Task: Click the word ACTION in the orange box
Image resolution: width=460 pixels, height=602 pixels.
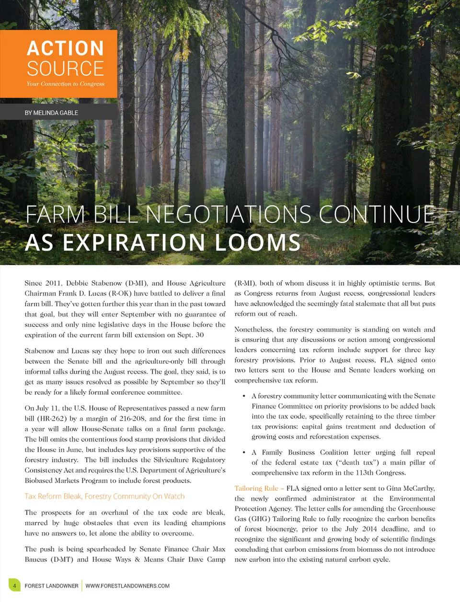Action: point(65,48)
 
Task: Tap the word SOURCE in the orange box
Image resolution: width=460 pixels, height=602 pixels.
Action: point(65,69)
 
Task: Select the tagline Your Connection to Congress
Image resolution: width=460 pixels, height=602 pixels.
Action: point(65,84)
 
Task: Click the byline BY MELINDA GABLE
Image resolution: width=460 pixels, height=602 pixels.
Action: point(51,113)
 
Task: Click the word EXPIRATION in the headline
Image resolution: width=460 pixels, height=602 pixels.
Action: point(136,243)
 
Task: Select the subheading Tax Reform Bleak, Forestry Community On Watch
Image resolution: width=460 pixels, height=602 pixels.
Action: point(104,497)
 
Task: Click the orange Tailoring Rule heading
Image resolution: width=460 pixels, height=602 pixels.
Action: point(256,488)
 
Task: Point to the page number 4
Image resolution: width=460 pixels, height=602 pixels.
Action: point(15,586)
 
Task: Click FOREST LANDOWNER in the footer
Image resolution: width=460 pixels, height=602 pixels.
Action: point(51,586)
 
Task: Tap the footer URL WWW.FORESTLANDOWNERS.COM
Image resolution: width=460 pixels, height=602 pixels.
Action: point(127,586)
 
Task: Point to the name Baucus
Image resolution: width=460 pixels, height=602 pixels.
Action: point(36,559)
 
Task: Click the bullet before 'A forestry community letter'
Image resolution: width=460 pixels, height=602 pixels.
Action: point(244,396)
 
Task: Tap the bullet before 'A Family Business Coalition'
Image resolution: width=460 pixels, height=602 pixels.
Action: point(244,452)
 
